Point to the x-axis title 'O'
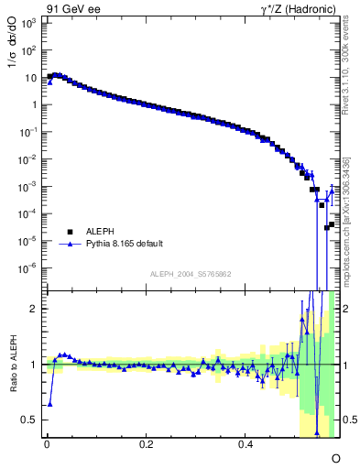(x=335, y=457)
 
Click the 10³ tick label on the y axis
(x=30, y=23)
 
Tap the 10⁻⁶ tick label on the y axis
(x=30, y=268)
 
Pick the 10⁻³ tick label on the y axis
(x=30, y=187)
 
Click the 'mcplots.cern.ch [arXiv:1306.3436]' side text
(x=352, y=225)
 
